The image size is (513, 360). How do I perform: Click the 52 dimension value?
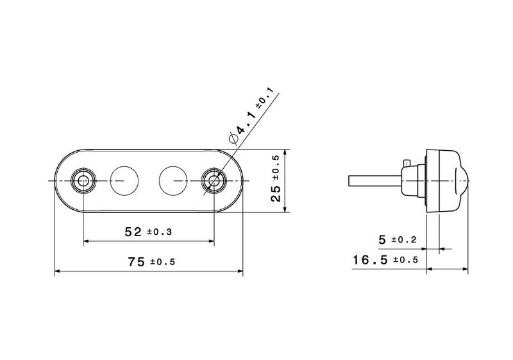[133, 232]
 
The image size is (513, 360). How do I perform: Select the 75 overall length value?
[137, 262]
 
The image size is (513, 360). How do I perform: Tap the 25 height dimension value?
[276, 194]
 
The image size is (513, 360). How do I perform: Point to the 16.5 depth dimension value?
[370, 260]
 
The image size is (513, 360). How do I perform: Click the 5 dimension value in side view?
[382, 240]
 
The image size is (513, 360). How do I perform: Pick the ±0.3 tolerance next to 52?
[159, 232]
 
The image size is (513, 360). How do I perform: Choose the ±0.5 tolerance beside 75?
[163, 262]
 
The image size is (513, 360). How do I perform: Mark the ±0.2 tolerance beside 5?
[404, 240]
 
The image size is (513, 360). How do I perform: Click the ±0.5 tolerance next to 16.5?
[406, 260]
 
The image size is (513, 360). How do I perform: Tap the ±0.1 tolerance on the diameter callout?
[264, 98]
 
